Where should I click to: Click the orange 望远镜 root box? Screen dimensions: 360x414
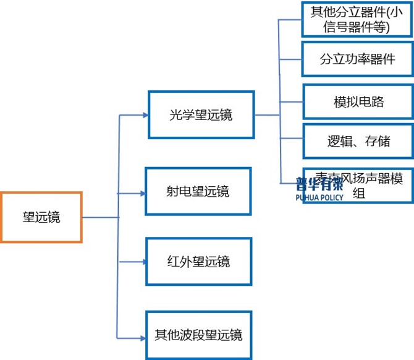click(x=41, y=217)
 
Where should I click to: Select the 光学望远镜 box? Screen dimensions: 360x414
click(x=201, y=115)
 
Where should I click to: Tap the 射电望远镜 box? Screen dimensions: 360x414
click(x=198, y=191)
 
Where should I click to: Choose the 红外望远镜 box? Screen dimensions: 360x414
click(x=198, y=261)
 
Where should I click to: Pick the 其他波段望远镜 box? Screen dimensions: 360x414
click(x=198, y=335)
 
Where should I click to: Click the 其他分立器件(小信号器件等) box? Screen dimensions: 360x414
click(x=358, y=19)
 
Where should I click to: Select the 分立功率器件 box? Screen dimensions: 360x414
click(x=358, y=60)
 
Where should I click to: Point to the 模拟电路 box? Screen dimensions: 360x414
click(x=358, y=101)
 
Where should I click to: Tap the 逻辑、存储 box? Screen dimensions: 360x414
click(x=358, y=141)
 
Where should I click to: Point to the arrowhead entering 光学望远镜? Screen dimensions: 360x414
click(x=145, y=115)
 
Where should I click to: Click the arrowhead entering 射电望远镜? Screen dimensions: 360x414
click(x=143, y=194)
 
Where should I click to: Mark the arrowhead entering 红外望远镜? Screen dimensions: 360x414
click(x=143, y=262)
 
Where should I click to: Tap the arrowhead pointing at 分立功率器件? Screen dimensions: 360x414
click(x=300, y=60)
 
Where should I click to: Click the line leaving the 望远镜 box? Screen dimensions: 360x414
click(x=99, y=217)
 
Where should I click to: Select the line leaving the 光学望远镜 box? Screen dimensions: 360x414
click(x=266, y=115)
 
